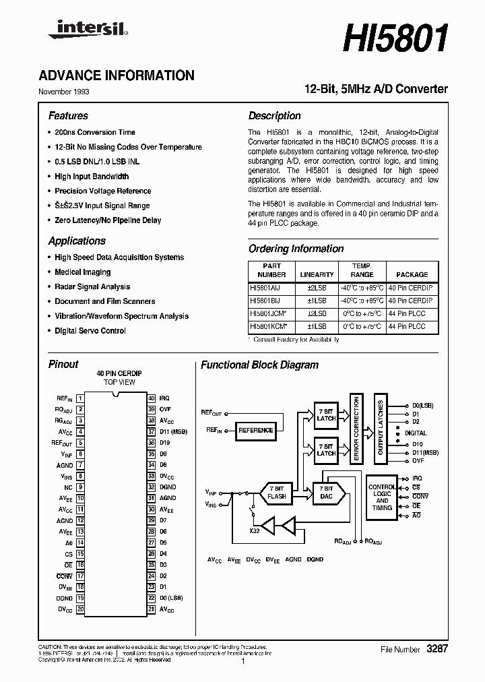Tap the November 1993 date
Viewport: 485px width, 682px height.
63,92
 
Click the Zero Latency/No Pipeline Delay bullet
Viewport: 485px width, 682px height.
108,220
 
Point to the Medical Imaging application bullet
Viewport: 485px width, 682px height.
82,272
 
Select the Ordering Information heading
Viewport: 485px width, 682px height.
296,249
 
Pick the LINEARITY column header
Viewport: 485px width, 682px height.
317,274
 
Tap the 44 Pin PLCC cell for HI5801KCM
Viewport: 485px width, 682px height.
406,326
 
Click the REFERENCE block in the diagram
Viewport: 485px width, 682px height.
256,430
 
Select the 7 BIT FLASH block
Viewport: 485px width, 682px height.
277,492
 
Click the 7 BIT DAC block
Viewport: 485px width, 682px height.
327,492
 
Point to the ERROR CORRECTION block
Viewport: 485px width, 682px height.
356,429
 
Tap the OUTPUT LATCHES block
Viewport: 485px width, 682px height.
381,427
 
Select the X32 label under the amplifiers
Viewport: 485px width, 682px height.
254,531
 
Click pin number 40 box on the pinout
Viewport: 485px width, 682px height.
152,398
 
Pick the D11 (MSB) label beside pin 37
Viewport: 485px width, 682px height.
173,431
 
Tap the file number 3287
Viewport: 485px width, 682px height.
437,649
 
